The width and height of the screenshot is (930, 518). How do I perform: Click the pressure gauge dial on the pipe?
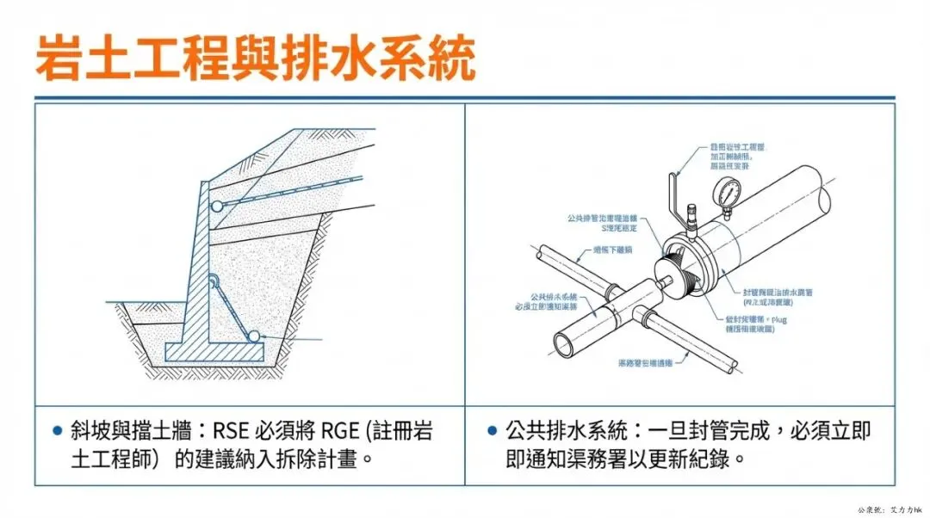point(730,190)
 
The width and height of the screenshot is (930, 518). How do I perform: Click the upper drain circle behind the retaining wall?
point(216,206)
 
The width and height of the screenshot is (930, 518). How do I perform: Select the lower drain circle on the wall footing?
point(254,338)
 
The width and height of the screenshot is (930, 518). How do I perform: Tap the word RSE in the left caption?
point(233,431)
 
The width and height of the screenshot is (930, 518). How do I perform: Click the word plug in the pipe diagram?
point(779,318)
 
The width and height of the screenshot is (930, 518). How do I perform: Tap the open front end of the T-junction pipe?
point(563,344)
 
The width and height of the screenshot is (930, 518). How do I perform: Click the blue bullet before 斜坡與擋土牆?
point(58,431)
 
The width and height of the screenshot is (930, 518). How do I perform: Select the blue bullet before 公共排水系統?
point(492,431)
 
